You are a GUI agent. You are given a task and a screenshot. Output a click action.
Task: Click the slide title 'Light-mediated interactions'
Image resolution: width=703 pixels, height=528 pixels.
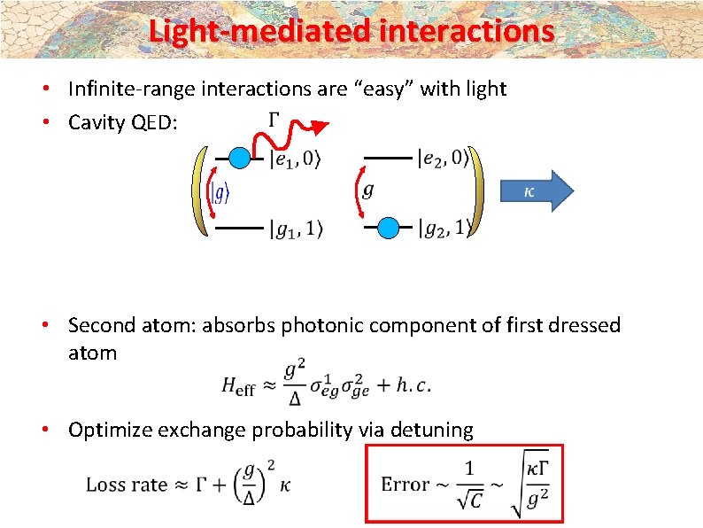(x=351, y=31)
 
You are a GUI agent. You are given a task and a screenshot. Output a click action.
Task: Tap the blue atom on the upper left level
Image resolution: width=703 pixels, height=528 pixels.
(x=239, y=159)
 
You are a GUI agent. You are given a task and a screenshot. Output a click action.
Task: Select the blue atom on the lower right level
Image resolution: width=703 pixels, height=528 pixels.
(x=389, y=228)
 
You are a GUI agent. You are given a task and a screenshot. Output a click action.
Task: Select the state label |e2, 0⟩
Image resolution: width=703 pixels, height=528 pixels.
(x=443, y=159)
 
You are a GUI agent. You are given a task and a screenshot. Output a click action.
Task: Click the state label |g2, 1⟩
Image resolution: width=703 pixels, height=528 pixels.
(x=444, y=229)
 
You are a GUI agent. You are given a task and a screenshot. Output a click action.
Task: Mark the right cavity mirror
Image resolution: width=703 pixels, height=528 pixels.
(x=479, y=192)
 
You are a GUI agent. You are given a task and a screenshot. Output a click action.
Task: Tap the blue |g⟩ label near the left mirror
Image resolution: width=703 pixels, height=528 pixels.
(x=220, y=192)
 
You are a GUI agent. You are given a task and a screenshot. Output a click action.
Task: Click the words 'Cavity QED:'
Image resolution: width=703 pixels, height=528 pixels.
(x=123, y=122)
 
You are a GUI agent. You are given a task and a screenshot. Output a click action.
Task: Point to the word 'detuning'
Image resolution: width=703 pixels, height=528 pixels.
(x=432, y=431)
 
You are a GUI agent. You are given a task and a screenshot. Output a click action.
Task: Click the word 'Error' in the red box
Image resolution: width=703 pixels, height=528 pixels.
(x=405, y=484)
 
